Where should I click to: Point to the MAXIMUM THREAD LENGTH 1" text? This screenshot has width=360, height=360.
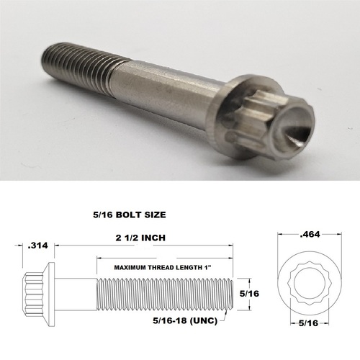(163, 268)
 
